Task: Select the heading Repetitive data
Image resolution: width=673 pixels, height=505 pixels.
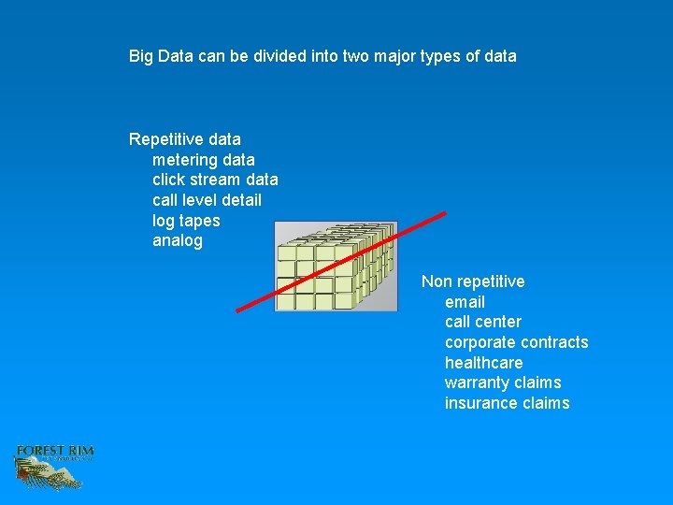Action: tap(185, 139)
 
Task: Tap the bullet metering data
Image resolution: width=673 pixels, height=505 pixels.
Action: tap(203, 160)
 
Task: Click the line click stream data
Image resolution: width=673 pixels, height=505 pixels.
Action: tap(215, 180)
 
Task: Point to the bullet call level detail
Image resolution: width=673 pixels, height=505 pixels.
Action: tap(207, 200)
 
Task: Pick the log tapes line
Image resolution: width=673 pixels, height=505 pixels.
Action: tap(186, 221)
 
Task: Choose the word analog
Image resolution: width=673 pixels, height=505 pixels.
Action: tap(177, 240)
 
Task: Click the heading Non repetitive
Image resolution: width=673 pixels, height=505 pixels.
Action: tap(473, 281)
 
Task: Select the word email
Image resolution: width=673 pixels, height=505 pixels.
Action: tap(465, 302)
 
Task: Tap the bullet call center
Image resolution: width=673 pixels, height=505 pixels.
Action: tap(483, 322)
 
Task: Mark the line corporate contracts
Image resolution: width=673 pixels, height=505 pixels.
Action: tap(516, 342)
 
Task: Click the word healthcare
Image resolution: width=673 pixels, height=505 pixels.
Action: tap(483, 363)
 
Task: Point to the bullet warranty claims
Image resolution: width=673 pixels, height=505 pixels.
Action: tap(503, 382)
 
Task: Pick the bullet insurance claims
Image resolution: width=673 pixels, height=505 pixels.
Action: tap(507, 403)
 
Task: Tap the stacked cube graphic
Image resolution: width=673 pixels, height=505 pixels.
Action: tap(336, 266)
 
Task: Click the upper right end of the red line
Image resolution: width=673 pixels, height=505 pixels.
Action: tap(444, 213)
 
